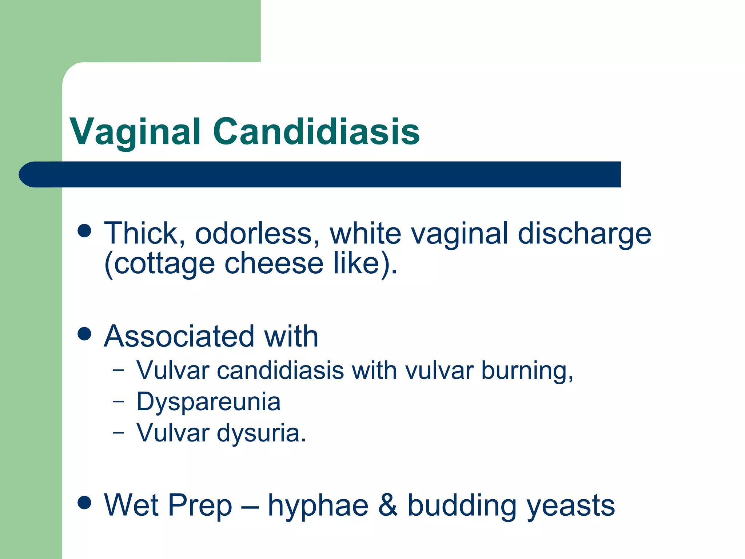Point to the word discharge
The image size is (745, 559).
click(x=584, y=234)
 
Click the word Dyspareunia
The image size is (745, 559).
click(x=208, y=402)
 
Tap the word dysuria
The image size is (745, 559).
click(x=262, y=433)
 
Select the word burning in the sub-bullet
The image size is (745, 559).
click(x=527, y=371)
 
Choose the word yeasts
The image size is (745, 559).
click(x=571, y=506)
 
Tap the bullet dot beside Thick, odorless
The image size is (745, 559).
click(x=84, y=231)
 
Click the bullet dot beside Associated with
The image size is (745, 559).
click(x=84, y=334)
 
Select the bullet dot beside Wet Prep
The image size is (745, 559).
click(x=84, y=503)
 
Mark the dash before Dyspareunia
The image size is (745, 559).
click(x=118, y=402)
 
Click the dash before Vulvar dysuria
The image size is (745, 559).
click(x=118, y=433)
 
